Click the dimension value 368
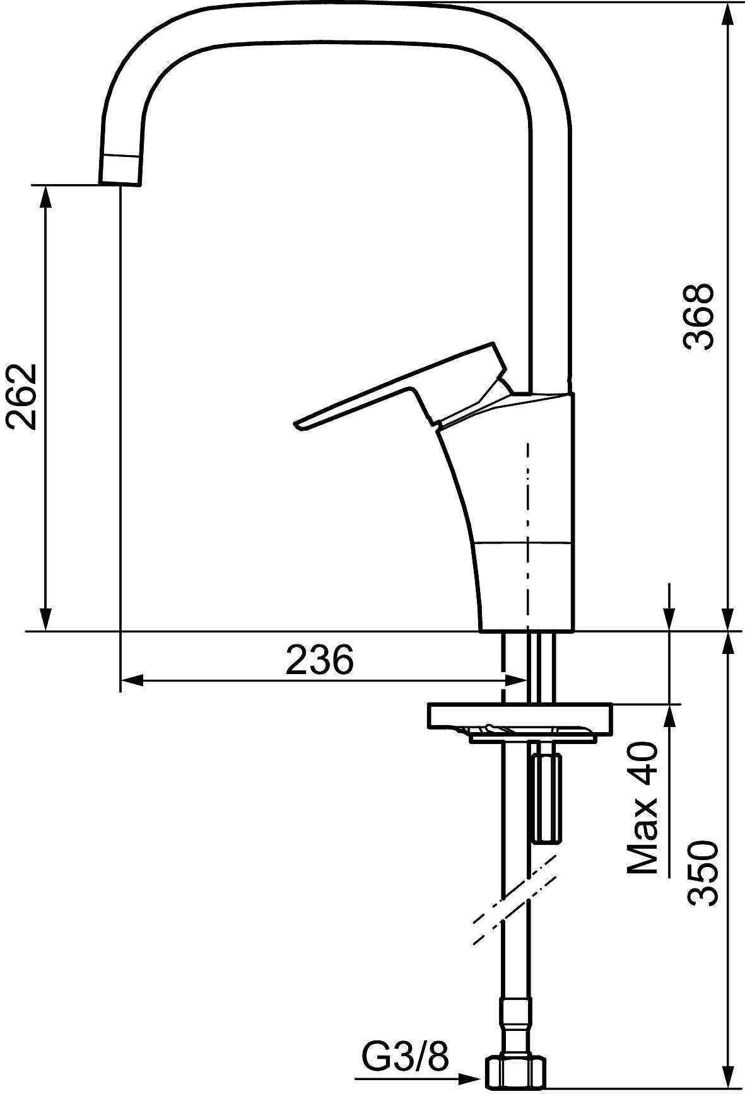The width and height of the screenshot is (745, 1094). pos(699,315)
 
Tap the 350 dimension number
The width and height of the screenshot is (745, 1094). pos(703,873)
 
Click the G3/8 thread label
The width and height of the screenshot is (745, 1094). pos(406,1056)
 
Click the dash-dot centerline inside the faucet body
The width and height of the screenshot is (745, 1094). pos(528,504)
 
